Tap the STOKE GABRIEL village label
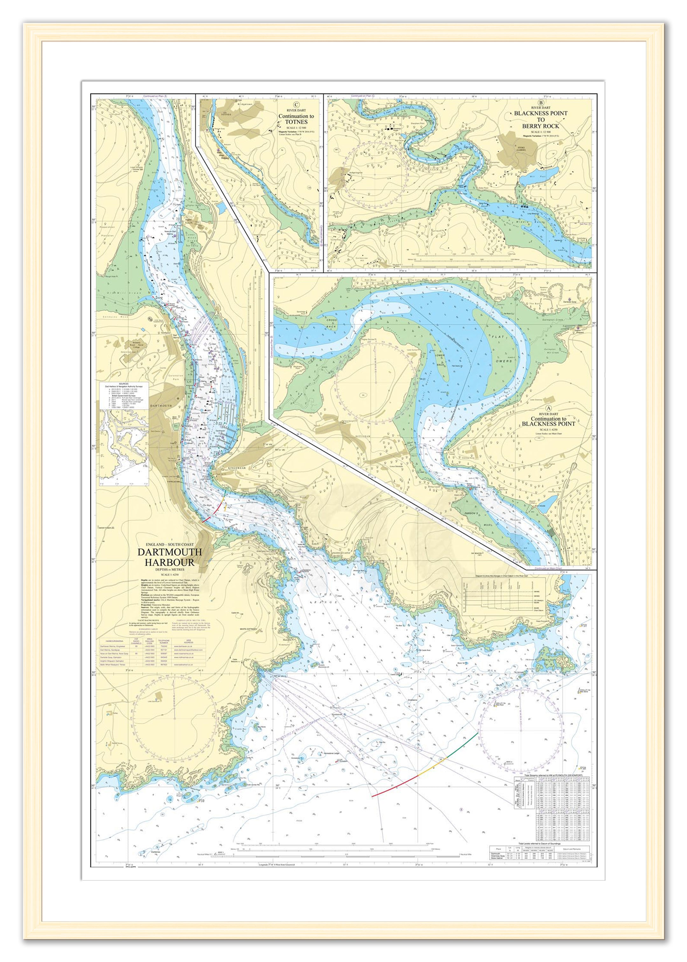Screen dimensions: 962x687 (x=521, y=149)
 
